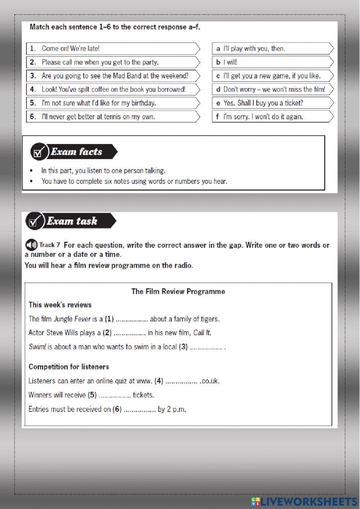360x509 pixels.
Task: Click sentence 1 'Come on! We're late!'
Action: coord(71,49)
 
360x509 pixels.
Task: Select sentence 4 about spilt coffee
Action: coord(113,89)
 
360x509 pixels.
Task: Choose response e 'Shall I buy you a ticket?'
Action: coord(263,103)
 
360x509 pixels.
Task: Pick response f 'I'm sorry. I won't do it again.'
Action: coord(263,117)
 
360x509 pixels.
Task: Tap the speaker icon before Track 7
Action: coord(31,245)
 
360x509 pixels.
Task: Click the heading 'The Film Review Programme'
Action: coord(178,291)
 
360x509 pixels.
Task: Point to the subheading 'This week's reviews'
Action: coord(60,305)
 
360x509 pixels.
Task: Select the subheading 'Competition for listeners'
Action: coord(69,367)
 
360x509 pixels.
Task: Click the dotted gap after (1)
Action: coord(132,319)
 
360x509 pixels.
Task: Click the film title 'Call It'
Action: coord(202,333)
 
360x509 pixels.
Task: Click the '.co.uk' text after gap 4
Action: coord(210,381)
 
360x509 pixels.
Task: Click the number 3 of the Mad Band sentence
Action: coord(33,76)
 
